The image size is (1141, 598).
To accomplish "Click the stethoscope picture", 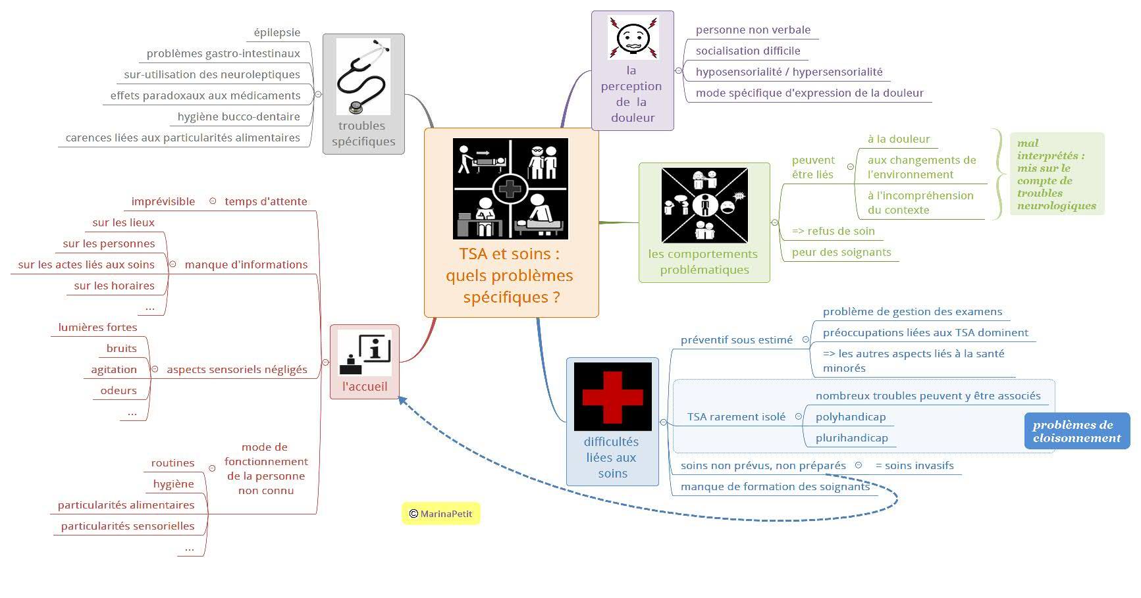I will click(363, 76).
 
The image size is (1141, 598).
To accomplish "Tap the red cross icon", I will click(612, 396).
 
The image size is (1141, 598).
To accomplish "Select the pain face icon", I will click(633, 37).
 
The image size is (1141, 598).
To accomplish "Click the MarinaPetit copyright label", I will click(441, 514).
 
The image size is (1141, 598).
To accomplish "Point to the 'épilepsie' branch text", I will click(277, 32).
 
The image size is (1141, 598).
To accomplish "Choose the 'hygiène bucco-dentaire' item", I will click(238, 116).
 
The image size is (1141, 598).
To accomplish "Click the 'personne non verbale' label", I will click(753, 30).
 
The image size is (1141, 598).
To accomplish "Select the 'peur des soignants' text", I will click(841, 252).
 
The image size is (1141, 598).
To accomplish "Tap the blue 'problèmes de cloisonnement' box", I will click(1076, 431).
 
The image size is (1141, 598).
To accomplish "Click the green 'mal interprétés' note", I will click(1056, 174).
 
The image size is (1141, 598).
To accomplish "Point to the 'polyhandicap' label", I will click(850, 416).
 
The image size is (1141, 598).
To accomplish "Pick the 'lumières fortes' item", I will click(97, 327).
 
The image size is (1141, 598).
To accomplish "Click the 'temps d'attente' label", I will click(265, 201).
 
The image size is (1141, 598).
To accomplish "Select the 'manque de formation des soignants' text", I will click(774, 486).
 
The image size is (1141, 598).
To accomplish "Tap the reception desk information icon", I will click(364, 353).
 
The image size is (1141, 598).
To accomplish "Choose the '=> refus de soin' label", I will click(833, 231).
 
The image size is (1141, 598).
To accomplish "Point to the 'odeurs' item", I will click(119, 390).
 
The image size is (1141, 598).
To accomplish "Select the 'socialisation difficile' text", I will click(747, 51).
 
